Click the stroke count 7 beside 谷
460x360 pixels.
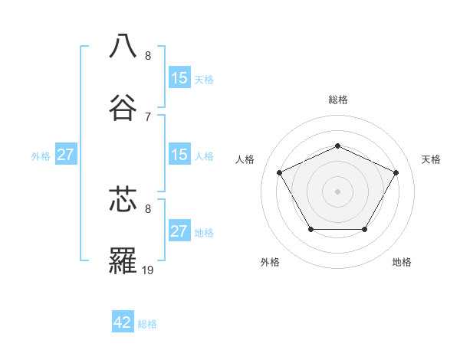(147, 116)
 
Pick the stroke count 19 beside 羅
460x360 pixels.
(149, 270)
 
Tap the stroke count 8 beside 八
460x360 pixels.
(147, 55)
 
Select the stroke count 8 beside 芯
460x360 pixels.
(147, 208)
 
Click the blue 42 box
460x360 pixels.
(123, 322)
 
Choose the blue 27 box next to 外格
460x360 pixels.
(66, 155)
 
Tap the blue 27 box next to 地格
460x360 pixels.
(179, 231)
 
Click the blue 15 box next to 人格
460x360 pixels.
(179, 155)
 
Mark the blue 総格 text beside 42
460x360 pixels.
(147, 324)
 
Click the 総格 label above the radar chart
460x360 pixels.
(337, 100)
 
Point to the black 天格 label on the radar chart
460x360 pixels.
(431, 159)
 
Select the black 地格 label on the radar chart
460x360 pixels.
(402, 262)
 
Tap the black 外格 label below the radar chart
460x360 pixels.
(270, 262)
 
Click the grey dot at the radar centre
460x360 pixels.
(337, 191)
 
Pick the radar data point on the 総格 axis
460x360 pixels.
(337, 146)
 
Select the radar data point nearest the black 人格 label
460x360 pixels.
(279, 172)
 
